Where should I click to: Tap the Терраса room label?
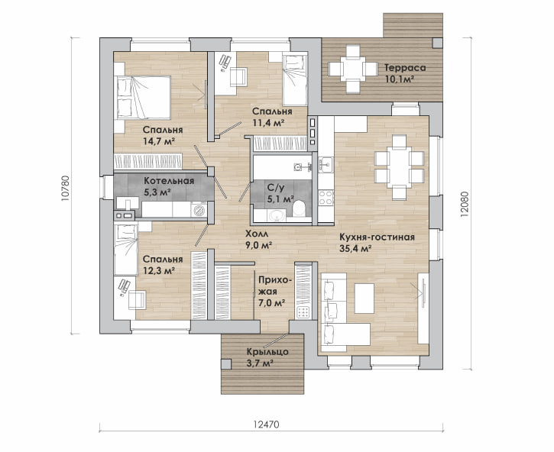click(x=405, y=67)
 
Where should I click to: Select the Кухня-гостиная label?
click(x=377, y=237)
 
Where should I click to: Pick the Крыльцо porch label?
click(x=267, y=352)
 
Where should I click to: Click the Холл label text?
click(x=256, y=234)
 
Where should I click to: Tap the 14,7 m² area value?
click(x=159, y=141)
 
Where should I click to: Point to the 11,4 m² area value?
click(x=269, y=122)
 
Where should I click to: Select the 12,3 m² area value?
click(x=159, y=270)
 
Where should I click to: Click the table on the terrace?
click(x=352, y=68)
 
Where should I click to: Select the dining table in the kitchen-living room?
click(x=398, y=160)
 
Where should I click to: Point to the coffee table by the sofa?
click(x=364, y=294)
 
